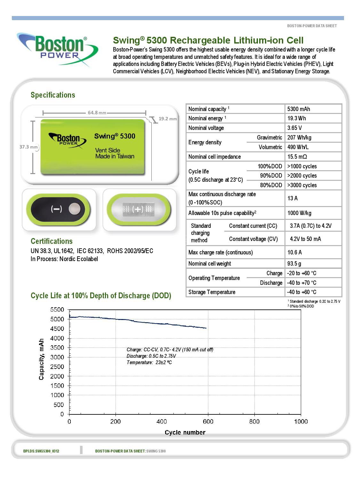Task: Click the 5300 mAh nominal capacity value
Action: [299, 109]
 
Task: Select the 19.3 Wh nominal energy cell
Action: [297, 118]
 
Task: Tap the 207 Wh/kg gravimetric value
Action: [299, 138]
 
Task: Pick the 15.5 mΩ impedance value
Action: [297, 157]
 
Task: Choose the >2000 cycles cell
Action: [302, 176]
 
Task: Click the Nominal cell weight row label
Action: [210, 264]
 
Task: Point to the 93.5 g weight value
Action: [294, 264]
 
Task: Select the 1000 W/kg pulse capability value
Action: [299, 213]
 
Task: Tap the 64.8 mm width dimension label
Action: [97, 113]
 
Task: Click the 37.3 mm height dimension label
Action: [28, 147]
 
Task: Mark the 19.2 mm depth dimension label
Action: [167, 119]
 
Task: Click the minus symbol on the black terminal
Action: [56, 209]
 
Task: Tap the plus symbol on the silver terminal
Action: [139, 209]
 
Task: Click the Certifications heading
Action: [52, 241]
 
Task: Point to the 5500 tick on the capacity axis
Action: [57, 310]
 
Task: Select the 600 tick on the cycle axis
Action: [208, 421]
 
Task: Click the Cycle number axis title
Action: [185, 433]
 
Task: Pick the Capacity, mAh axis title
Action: [41, 359]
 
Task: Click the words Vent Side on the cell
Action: [108, 150]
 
